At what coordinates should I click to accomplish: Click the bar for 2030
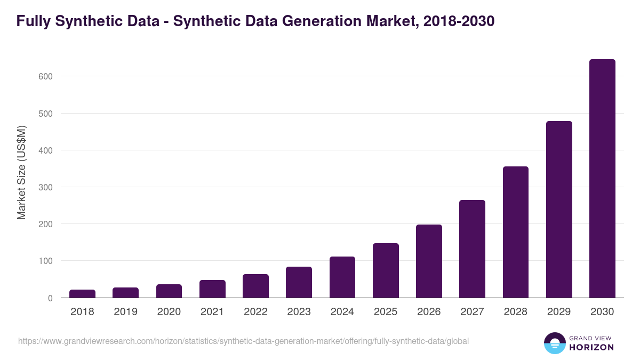(602, 179)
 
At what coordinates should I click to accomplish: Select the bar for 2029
(559, 210)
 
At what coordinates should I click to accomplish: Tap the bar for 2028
(516, 232)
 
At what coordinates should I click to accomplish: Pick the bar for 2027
(472, 249)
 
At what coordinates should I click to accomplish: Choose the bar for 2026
(429, 261)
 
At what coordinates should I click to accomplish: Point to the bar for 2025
(386, 270)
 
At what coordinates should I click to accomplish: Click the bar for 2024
(342, 277)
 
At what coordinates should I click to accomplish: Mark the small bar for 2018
(82, 294)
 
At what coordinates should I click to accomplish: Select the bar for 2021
(212, 289)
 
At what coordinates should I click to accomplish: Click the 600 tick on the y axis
(46, 76)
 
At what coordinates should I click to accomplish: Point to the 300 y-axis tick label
(46, 187)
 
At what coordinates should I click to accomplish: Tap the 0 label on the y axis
(50, 298)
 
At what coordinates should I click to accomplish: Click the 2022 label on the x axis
(255, 312)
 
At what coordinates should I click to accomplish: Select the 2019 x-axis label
(125, 312)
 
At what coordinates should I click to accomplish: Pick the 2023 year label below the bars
(299, 312)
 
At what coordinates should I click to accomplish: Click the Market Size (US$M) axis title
(21, 172)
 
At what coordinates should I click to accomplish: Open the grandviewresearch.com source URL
(243, 341)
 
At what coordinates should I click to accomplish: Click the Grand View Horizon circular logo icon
(554, 343)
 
